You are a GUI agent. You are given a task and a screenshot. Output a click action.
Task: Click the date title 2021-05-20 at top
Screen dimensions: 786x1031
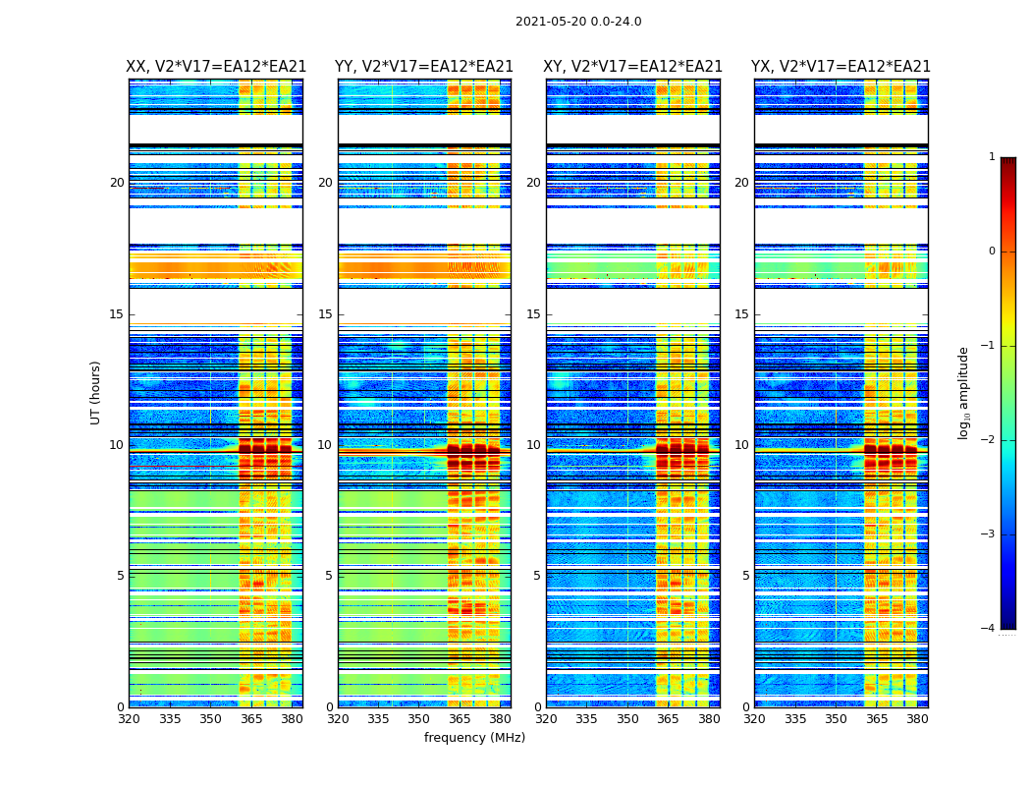click(x=578, y=22)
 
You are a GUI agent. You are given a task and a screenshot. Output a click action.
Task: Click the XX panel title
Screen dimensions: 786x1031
click(x=216, y=67)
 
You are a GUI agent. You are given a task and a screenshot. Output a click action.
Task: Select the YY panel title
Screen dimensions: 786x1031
click(x=424, y=67)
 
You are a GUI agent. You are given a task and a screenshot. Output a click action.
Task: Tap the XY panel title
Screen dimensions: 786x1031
click(x=633, y=67)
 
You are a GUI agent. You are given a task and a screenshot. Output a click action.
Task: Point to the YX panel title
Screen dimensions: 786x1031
click(x=841, y=67)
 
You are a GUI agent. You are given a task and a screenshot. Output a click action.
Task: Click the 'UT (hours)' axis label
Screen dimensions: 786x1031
click(x=96, y=392)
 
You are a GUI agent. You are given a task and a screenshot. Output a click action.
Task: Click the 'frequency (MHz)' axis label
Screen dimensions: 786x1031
click(x=474, y=738)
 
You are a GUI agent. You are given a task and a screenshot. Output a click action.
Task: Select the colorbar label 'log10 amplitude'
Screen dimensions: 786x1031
click(x=964, y=392)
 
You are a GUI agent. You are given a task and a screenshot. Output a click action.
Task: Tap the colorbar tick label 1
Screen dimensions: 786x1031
click(x=992, y=157)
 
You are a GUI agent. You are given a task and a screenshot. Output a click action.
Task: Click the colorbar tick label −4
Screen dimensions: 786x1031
click(x=989, y=629)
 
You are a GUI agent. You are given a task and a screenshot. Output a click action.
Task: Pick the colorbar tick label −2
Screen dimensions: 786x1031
click(x=989, y=440)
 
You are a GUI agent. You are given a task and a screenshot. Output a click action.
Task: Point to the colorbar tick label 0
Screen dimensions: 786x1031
click(x=992, y=252)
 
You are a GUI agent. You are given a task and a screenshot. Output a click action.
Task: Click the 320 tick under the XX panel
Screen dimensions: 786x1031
click(x=130, y=719)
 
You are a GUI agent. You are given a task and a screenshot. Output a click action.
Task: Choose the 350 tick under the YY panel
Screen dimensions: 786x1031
click(x=419, y=719)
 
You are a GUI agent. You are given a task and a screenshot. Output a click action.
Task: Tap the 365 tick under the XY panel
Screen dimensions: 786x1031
click(x=668, y=719)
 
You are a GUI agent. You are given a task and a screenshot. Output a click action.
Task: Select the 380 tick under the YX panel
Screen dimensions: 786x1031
click(x=917, y=719)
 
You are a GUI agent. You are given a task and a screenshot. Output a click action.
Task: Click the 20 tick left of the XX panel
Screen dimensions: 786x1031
click(x=117, y=183)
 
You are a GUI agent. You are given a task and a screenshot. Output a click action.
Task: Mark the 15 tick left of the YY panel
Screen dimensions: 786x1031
click(x=325, y=314)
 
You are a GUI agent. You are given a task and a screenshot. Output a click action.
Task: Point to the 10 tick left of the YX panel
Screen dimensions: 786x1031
click(x=741, y=445)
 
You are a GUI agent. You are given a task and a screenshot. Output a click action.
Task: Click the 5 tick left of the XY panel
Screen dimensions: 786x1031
click(x=537, y=576)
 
